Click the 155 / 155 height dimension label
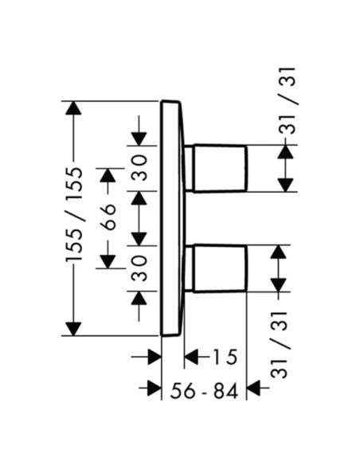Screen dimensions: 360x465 point(73,214)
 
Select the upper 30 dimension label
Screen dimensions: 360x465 point(139,167)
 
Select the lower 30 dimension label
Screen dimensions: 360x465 point(139,268)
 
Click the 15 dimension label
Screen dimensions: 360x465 point(225,357)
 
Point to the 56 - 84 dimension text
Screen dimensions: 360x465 point(205,391)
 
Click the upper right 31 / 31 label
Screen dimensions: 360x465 point(288,101)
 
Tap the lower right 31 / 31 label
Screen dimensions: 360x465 point(280,345)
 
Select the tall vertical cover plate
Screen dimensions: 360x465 point(172,218)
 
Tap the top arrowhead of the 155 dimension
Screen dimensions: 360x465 point(73,108)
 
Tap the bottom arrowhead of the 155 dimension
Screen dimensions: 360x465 point(73,329)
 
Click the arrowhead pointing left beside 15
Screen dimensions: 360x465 point(191,357)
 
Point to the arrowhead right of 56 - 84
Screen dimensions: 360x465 point(254,388)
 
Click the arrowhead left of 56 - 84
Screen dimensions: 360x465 point(155,388)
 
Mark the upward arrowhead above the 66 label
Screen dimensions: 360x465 point(108,175)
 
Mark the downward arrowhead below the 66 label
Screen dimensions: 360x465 point(108,261)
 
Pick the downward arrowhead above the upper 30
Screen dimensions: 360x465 point(139,139)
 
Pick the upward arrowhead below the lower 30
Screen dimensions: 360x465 point(139,298)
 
